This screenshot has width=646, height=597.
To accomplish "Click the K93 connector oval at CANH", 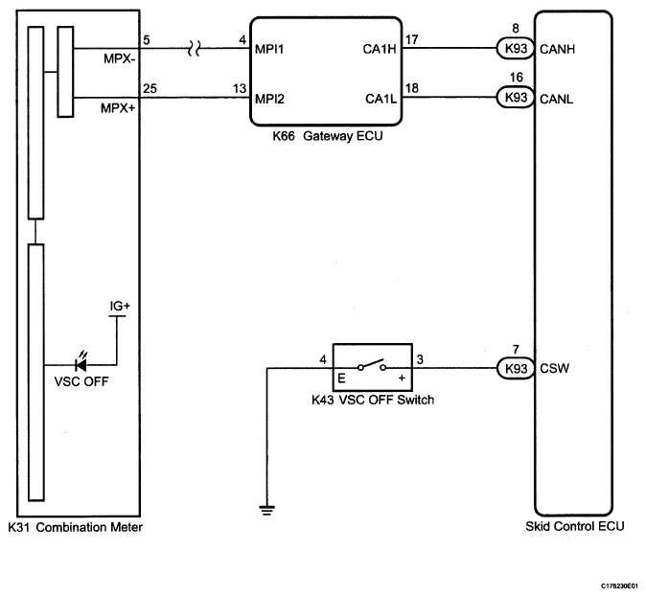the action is pyautogui.click(x=516, y=48).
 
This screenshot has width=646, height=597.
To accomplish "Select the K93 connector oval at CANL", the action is pyautogui.click(x=516, y=97).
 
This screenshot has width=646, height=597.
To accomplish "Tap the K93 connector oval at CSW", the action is pyautogui.click(x=516, y=368).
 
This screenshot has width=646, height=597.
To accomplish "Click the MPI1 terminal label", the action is pyautogui.click(x=269, y=49).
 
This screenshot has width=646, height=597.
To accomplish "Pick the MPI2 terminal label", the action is pyautogui.click(x=269, y=99).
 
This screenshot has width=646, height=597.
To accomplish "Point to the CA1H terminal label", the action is pyautogui.click(x=380, y=49).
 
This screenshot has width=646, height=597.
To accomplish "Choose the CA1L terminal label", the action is pyautogui.click(x=381, y=99).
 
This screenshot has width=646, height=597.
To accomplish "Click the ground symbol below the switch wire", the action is pyautogui.click(x=267, y=510).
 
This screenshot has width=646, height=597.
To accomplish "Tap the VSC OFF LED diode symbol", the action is pyautogui.click(x=81, y=364).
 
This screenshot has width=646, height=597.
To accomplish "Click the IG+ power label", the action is pyautogui.click(x=120, y=306).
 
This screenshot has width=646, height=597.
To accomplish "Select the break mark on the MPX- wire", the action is pyautogui.click(x=194, y=49).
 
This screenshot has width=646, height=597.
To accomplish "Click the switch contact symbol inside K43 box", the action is pyautogui.click(x=372, y=365).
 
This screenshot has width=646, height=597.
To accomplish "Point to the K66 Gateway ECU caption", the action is pyautogui.click(x=328, y=136).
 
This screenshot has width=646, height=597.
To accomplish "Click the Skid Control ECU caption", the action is pyautogui.click(x=575, y=526).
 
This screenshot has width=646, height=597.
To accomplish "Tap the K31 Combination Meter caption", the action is pyautogui.click(x=75, y=527).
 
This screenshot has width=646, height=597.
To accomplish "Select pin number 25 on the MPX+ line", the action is pyautogui.click(x=150, y=88).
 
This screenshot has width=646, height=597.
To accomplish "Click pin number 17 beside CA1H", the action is pyautogui.click(x=411, y=39).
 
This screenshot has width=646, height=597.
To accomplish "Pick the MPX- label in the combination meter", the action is pyautogui.click(x=120, y=58).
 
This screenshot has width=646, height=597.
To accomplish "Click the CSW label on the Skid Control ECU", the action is pyautogui.click(x=555, y=368).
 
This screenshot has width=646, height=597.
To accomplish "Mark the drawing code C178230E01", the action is pyautogui.click(x=622, y=586).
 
